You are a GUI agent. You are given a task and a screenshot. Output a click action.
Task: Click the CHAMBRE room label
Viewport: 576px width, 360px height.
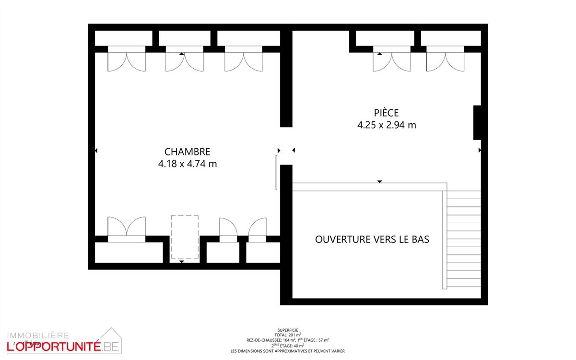187,152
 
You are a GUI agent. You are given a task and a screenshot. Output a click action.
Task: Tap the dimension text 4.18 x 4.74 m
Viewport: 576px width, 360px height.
187,164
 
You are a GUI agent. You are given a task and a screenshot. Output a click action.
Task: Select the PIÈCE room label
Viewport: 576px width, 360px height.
386,113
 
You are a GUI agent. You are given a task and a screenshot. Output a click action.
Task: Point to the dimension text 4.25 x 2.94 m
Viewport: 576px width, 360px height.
386,125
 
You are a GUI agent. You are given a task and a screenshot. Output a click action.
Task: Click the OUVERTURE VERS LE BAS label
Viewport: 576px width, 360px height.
372,239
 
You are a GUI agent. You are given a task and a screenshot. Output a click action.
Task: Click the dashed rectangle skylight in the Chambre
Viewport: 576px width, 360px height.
185,238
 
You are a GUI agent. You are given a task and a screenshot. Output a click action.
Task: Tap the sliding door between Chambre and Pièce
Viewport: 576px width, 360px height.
277,172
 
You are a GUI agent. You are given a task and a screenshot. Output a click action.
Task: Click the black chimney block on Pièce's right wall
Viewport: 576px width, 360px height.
477,122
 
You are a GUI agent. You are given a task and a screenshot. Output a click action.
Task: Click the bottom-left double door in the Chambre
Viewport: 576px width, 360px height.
127,229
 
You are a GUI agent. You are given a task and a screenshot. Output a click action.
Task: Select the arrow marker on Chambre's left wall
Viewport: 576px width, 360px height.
96,151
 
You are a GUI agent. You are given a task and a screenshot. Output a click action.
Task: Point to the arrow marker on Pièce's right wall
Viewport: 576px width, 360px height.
480,150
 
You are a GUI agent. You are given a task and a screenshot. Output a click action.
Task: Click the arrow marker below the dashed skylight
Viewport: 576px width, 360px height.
181,262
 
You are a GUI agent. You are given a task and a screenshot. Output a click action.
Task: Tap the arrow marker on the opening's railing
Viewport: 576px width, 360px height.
380,181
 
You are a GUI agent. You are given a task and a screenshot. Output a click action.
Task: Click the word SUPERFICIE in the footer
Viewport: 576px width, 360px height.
288,330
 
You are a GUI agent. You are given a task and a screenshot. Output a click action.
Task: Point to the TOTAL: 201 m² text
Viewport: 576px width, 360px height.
288,335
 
